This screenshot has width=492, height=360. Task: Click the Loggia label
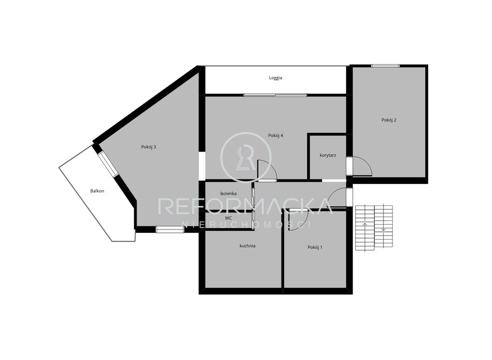[275, 78]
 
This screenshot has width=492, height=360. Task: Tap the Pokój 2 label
[389, 120]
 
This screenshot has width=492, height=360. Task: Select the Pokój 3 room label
[148, 147]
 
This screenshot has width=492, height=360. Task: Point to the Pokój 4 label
[275, 135]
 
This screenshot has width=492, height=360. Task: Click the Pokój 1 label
[315, 247]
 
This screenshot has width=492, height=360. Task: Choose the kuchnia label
[247, 246]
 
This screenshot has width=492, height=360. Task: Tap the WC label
[228, 217]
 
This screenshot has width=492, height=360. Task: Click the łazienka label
[228, 193]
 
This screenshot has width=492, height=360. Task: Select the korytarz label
[328, 155]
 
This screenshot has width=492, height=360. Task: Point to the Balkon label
[97, 191]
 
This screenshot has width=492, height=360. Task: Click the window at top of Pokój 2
[385, 66]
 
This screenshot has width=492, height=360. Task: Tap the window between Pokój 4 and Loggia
[275, 95]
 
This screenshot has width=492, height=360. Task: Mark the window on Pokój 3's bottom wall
[170, 230]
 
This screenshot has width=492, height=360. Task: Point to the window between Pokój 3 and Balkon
[108, 164]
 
